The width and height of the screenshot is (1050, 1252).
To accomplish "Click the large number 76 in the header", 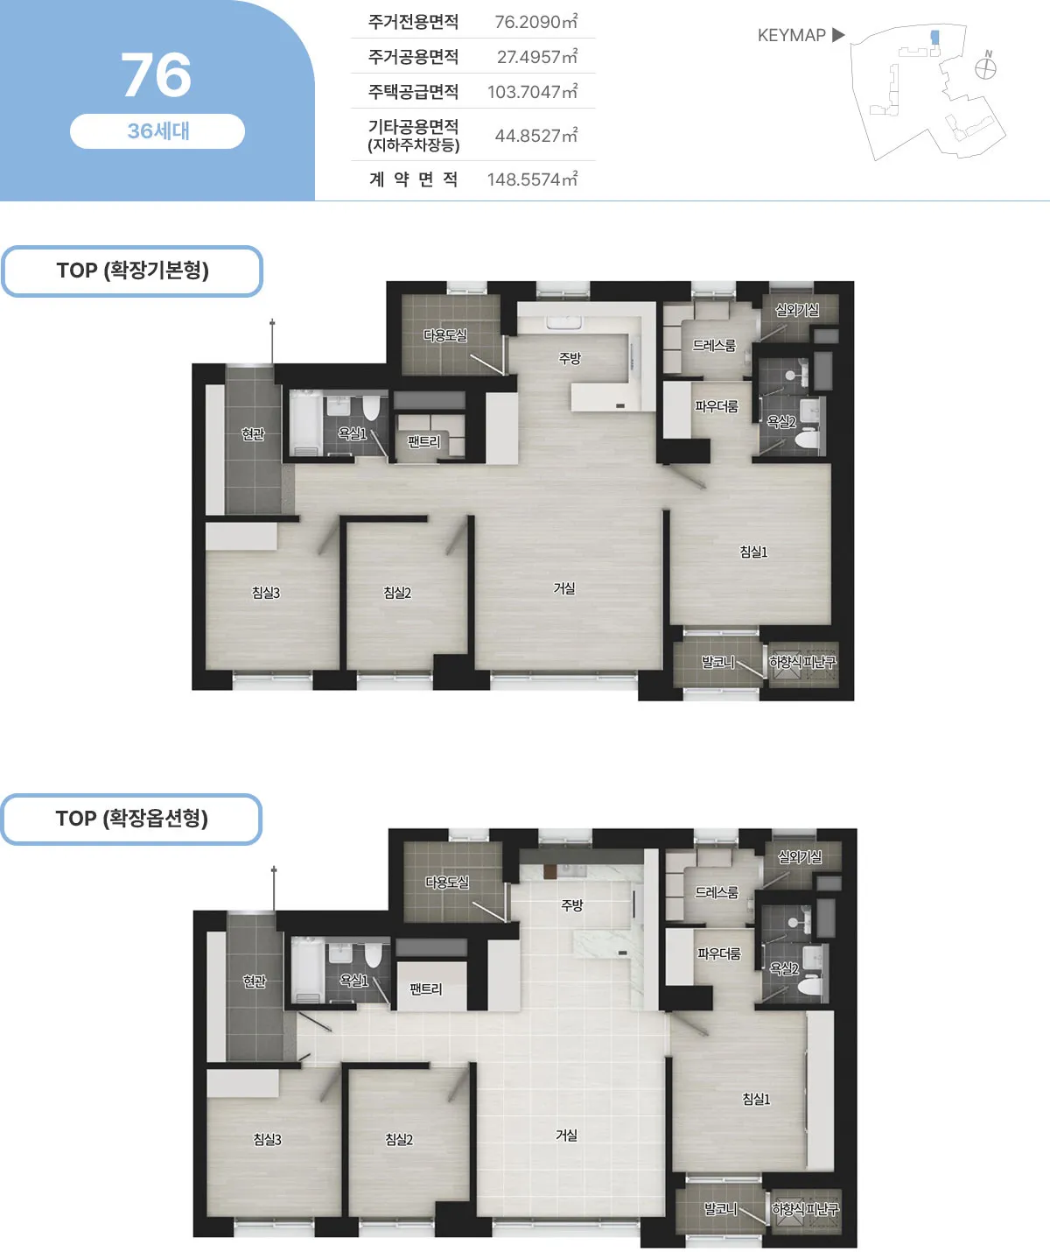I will (x=157, y=75).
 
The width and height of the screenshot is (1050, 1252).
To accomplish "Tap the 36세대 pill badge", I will (x=157, y=131).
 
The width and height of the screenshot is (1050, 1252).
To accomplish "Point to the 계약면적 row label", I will (x=413, y=179).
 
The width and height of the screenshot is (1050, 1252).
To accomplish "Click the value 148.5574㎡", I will (x=532, y=179).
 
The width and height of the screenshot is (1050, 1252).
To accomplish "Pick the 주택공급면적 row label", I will (x=413, y=92).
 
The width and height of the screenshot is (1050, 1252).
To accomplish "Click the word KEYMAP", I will (x=791, y=36).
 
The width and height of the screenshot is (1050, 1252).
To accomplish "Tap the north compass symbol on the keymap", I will (x=986, y=67).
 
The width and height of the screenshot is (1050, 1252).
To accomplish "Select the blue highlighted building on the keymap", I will (x=934, y=37).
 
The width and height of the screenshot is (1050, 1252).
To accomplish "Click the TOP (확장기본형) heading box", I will (x=132, y=271).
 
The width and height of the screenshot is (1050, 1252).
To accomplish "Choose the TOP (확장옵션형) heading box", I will (x=131, y=819).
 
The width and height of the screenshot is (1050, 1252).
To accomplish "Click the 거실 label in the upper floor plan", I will (x=564, y=588).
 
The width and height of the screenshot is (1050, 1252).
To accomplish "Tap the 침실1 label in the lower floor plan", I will (x=756, y=1099).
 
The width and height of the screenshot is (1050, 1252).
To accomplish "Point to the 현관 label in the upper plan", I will (x=253, y=434).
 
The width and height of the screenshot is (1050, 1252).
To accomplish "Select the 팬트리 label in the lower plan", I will (x=426, y=989).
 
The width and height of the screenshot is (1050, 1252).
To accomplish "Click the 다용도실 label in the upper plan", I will (x=445, y=335).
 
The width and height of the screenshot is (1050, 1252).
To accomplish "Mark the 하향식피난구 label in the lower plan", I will (x=805, y=1209).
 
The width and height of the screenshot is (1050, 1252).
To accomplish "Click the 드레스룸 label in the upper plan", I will (x=714, y=346).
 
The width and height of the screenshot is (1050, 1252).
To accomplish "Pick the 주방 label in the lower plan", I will (x=572, y=905).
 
